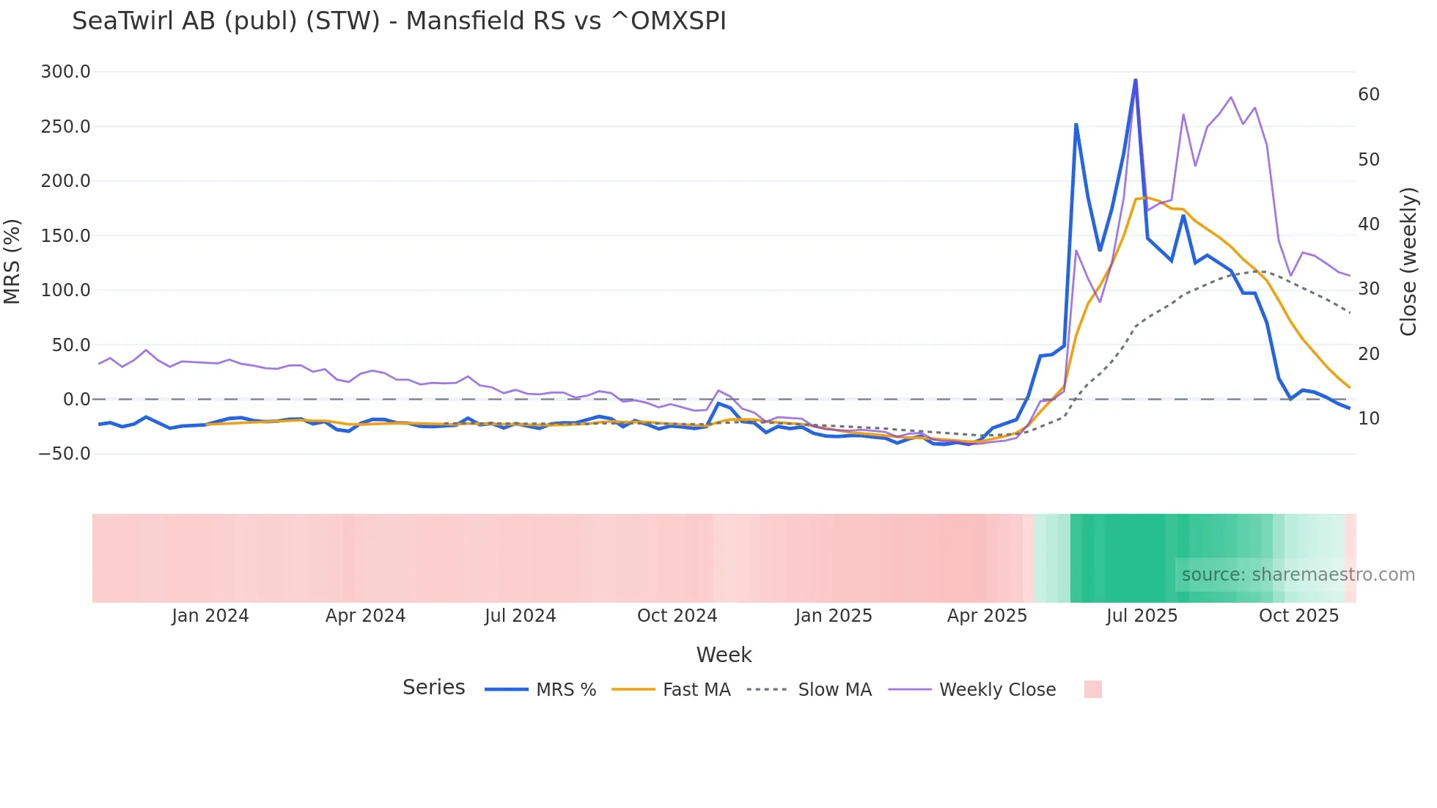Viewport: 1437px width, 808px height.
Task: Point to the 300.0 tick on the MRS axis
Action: (x=66, y=72)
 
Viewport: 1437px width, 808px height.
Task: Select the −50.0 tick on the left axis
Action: (x=65, y=454)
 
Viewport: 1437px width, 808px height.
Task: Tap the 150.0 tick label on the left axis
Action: (x=66, y=235)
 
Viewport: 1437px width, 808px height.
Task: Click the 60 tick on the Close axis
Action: (x=1368, y=95)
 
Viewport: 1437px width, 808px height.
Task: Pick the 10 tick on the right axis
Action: (x=1368, y=419)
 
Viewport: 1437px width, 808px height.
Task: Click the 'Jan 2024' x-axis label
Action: (x=210, y=616)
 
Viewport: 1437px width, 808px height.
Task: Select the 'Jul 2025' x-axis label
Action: (x=1142, y=616)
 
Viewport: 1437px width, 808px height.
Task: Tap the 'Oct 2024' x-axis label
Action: (x=677, y=616)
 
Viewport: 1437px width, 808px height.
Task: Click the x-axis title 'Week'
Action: (x=724, y=655)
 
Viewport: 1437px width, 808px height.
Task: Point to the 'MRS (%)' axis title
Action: (x=12, y=261)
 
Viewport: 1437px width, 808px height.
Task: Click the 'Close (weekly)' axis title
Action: (x=1408, y=262)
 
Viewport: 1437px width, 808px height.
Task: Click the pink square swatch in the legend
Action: (x=1092, y=689)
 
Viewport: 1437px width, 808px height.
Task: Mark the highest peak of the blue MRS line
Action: (x=1136, y=80)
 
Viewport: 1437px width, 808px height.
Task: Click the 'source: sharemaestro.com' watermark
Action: (x=1298, y=575)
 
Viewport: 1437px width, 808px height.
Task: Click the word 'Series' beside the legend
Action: (x=433, y=688)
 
